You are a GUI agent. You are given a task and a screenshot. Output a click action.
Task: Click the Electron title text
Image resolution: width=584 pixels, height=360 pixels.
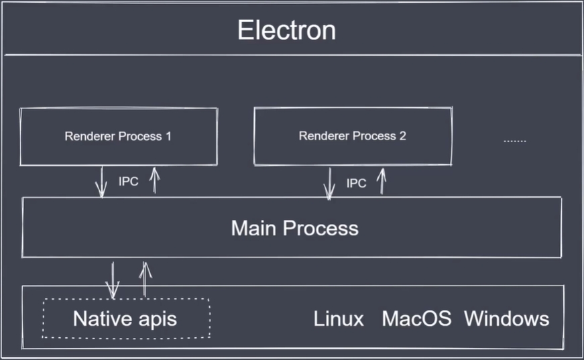click(x=286, y=30)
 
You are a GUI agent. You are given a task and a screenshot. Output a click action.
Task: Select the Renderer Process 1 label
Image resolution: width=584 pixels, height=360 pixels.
click(x=118, y=136)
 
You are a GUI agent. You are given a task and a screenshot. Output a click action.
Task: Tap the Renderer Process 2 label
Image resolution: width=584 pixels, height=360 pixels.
click(x=352, y=136)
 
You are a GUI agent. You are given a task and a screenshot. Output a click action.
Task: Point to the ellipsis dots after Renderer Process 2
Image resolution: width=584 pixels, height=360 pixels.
click(x=514, y=141)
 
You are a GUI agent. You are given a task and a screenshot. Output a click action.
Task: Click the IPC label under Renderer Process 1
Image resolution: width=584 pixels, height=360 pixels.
click(x=128, y=182)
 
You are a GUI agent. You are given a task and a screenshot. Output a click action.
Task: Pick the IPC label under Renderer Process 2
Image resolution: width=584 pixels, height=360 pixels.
click(x=356, y=183)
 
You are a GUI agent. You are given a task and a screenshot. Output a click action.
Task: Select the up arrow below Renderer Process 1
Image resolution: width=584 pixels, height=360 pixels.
click(x=154, y=181)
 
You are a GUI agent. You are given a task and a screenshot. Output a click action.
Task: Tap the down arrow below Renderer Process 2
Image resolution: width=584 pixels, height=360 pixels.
click(x=329, y=183)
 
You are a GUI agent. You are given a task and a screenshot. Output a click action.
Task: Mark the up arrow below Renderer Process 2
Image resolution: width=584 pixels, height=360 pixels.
click(x=382, y=181)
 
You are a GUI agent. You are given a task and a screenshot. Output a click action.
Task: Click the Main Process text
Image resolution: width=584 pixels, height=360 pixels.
click(x=294, y=228)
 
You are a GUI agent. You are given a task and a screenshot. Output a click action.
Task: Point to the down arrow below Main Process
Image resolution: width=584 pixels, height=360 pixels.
click(x=112, y=280)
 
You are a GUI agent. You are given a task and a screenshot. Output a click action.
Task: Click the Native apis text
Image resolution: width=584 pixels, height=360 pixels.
click(x=125, y=318)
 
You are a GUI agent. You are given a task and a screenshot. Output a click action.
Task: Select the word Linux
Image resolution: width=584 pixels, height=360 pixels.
click(x=339, y=318)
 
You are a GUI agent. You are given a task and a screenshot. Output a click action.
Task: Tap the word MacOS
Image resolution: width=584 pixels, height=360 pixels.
click(x=416, y=318)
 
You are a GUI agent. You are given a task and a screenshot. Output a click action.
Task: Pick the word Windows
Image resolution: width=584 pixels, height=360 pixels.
click(x=506, y=318)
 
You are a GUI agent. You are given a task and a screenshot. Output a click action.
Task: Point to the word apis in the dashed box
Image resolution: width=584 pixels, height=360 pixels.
click(x=155, y=319)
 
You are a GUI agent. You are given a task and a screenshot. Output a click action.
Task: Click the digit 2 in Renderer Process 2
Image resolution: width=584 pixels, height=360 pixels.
click(x=402, y=136)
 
